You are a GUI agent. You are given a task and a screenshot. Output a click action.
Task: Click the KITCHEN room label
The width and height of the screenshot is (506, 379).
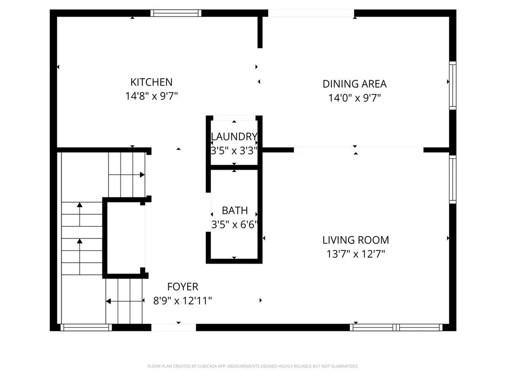(x=152, y=82)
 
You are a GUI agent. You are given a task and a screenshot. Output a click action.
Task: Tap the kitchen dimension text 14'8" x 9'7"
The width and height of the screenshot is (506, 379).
(x=152, y=96)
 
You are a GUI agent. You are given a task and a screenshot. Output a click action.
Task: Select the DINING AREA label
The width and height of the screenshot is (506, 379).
(x=354, y=84)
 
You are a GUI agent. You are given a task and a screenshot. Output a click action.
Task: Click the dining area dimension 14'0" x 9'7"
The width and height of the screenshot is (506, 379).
(x=354, y=98)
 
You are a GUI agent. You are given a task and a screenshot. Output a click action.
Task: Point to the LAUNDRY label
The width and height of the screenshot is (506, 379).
(x=234, y=137)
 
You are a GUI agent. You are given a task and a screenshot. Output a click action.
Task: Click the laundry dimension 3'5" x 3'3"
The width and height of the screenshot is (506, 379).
(x=234, y=151)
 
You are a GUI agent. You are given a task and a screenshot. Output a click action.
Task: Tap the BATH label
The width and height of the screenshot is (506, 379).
(x=235, y=211)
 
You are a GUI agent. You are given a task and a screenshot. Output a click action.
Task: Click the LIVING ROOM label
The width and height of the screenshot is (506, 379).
(x=356, y=240)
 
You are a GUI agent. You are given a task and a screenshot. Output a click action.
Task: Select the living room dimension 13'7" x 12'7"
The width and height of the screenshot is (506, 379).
(x=356, y=254)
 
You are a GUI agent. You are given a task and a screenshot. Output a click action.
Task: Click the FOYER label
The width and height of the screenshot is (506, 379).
(x=183, y=287)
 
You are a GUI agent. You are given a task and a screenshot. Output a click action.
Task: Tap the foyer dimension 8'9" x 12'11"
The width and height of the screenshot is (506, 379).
(x=183, y=301)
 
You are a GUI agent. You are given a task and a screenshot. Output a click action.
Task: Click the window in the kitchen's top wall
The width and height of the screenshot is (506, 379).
(x=176, y=13)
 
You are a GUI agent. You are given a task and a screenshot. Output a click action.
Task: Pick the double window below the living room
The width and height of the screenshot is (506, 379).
(x=396, y=327)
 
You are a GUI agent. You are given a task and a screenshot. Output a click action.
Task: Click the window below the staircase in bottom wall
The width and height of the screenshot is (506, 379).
(x=86, y=327)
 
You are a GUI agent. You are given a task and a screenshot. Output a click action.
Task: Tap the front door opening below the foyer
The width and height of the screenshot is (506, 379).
(x=173, y=327)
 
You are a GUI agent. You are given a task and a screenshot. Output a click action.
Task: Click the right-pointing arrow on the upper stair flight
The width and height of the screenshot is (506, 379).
(x=142, y=175)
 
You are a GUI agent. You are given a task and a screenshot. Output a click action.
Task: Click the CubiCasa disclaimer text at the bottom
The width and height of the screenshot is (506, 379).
(x=253, y=366)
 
